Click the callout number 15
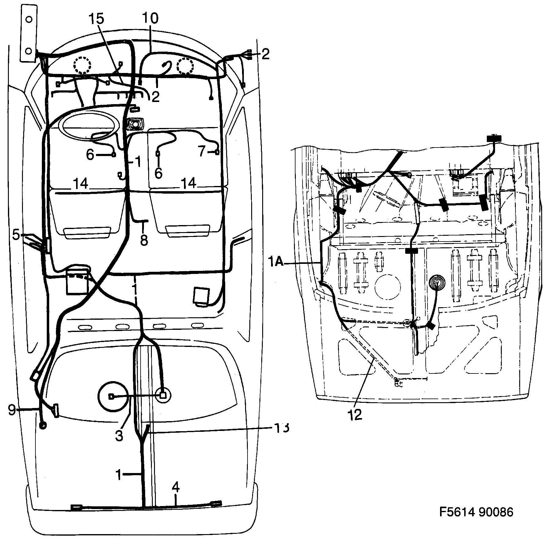pyautogui.click(x=96, y=19)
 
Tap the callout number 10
pyautogui.click(x=150, y=19)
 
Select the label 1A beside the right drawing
pyautogui.click(x=276, y=262)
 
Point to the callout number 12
pyautogui.click(x=354, y=414)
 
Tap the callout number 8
pyautogui.click(x=144, y=240)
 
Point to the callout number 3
pyautogui.click(x=119, y=436)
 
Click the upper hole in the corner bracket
pyautogui.click(x=29, y=19)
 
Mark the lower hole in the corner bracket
pyautogui.click(x=29, y=50)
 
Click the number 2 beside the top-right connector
pyautogui.click(x=265, y=54)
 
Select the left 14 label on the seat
pyautogui.click(x=81, y=184)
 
